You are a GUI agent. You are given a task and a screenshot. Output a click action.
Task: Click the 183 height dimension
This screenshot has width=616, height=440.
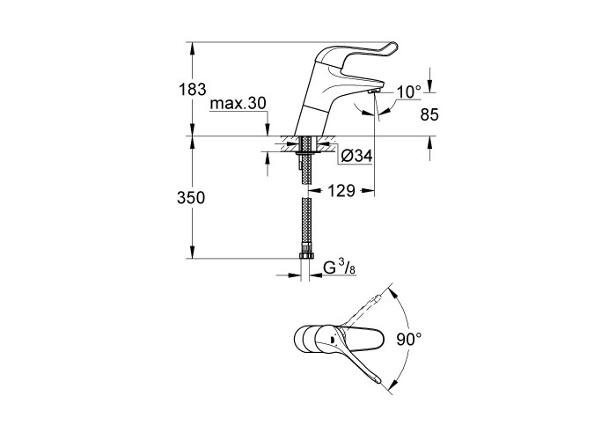tap(193, 90)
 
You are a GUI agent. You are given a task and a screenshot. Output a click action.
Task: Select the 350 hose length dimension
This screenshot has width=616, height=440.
tap(191, 198)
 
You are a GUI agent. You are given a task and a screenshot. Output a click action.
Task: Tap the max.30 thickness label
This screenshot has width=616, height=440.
tap(238, 103)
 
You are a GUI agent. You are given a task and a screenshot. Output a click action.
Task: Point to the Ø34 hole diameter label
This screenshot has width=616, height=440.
tap(356, 157)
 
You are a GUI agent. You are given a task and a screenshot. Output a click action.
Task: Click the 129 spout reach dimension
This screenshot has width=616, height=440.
tap(341, 191)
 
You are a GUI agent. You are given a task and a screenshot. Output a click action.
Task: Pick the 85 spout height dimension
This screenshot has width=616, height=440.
tap(429, 114)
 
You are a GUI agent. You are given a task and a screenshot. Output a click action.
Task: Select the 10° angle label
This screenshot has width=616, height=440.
tap(408, 92)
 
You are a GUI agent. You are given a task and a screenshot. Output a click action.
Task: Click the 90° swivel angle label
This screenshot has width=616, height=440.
tap(409, 339)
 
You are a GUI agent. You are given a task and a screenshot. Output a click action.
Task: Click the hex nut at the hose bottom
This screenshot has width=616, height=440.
tap(306, 256)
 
